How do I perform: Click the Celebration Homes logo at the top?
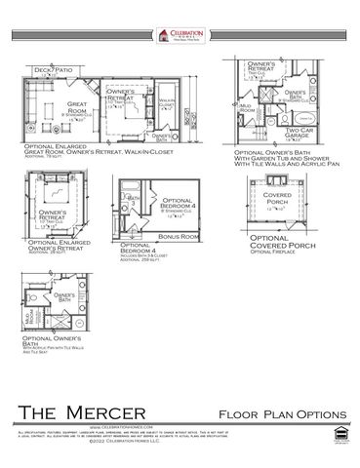pyautogui.click(x=179, y=35)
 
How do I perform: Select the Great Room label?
pyautogui.click(x=77, y=104)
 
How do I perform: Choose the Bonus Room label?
pyautogui.click(x=180, y=235)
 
